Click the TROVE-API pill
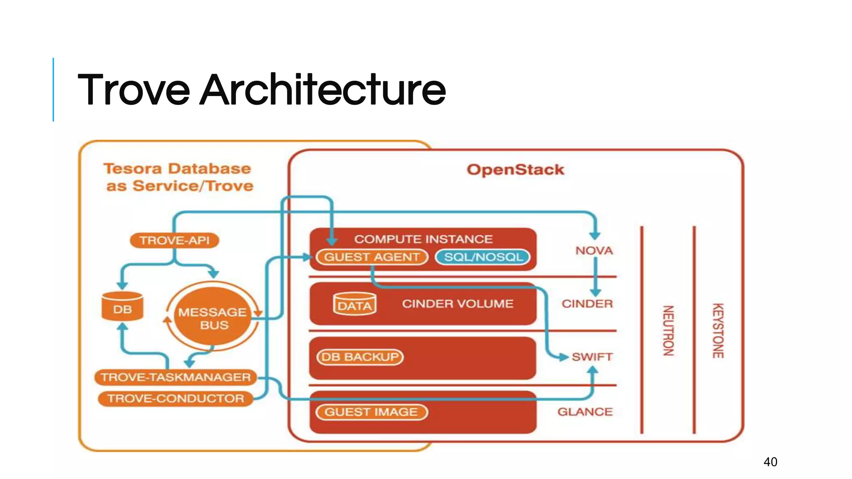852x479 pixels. (174, 240)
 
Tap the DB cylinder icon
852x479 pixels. (122, 307)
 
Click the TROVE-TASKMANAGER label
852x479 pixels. (176, 377)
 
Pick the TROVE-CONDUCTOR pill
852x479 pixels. (176, 398)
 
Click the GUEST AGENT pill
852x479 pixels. (372, 257)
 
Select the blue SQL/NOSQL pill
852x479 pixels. (483, 257)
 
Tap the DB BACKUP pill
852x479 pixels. (360, 357)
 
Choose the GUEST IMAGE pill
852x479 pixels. (372, 412)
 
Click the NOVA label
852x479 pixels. (594, 251)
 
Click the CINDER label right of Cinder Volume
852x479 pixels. (587, 304)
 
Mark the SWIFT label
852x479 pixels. (592, 357)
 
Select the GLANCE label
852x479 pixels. (585, 412)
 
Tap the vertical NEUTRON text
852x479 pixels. (668, 331)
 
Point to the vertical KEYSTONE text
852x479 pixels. (718, 331)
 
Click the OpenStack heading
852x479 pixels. (515, 170)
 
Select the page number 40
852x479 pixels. (770, 462)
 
